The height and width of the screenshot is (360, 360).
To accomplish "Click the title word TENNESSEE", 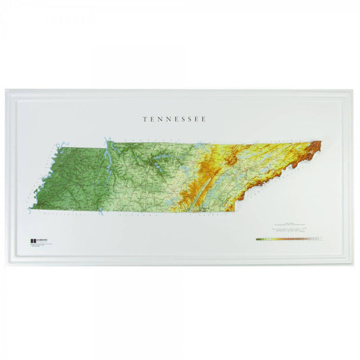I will [x=174, y=119].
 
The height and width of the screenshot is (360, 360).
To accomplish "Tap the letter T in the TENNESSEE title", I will [x=145, y=119].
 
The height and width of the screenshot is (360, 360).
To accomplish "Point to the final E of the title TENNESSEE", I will [x=204, y=119].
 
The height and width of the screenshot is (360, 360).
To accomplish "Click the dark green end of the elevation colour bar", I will [x=257, y=238].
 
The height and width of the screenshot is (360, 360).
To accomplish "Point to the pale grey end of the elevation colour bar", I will [x=322, y=238].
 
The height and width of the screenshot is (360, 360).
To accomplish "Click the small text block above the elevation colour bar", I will [x=289, y=228].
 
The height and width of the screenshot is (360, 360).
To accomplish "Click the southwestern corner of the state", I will [x=31, y=207].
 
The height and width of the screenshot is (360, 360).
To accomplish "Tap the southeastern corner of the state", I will [x=233, y=210].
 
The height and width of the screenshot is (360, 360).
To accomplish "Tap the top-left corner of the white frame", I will [x=6, y=91].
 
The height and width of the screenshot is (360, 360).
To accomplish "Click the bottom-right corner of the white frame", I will [x=354, y=265].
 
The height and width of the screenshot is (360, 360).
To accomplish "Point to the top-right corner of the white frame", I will [x=354, y=91].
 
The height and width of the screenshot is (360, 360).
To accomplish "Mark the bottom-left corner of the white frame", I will [x=6, y=265].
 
